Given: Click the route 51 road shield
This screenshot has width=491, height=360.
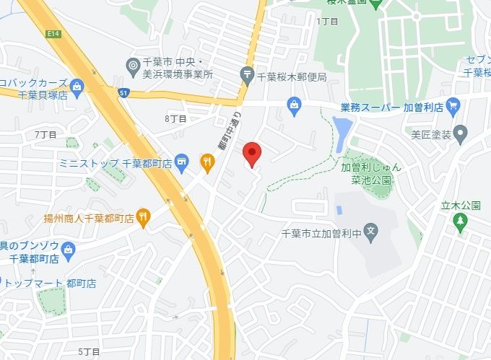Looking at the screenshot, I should coord(124,92).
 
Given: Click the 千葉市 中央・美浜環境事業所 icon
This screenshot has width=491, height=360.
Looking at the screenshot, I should coord(132,66).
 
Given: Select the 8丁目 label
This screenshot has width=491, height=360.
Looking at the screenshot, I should coord(175,118).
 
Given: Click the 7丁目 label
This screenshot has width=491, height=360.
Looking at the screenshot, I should coord(45,135).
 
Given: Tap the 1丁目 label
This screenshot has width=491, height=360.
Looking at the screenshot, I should coord(327,22).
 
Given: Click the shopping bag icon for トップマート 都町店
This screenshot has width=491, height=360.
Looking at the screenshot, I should coord(1,281).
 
